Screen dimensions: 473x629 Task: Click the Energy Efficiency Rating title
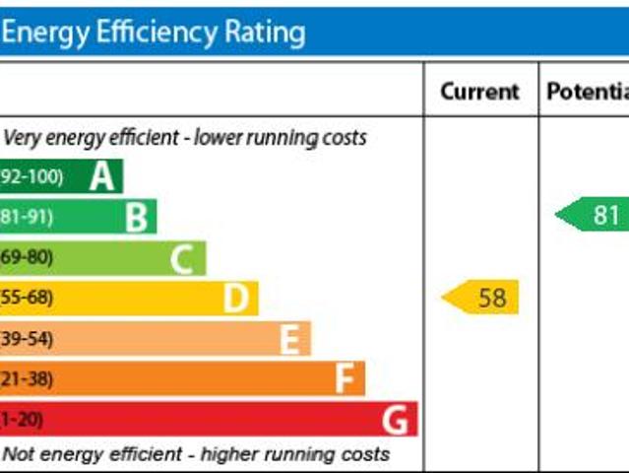coord(154,34)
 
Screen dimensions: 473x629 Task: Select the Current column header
coord(479,92)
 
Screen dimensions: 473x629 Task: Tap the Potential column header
coord(588,92)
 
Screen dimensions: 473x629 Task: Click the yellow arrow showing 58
coord(481,297)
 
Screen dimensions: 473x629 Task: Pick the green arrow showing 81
coord(594,215)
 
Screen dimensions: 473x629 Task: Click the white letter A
coord(101,176)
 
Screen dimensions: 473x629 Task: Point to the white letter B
coord(136,217)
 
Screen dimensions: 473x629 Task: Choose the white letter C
coord(182,258)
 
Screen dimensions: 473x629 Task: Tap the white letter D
coord(235,298)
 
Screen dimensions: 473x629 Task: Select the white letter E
coord(289,339)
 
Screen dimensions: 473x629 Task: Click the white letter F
coord(345,378)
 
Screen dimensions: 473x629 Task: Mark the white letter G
coord(395,420)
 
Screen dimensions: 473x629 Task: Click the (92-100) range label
coord(31,177)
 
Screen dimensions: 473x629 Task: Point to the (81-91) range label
coord(28,217)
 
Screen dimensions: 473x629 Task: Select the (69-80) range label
coord(28,258)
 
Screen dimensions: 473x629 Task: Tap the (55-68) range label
coord(28,298)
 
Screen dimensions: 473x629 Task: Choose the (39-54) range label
coord(28,339)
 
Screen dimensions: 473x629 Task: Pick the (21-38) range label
coord(28,378)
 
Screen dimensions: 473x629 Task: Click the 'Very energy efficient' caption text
coord(185,137)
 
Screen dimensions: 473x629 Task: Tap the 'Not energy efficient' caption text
coord(196,454)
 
